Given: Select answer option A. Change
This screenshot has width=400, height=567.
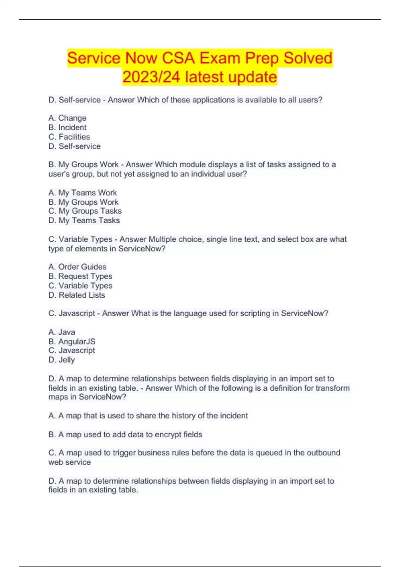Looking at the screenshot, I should pos(67,118).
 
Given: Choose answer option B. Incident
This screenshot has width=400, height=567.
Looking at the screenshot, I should pos(67,127).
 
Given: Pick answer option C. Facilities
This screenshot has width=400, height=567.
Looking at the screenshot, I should pos(69,137).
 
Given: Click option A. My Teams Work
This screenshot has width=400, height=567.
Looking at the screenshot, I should pos(82,193).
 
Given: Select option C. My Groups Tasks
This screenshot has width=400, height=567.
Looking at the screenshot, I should pos(85,211).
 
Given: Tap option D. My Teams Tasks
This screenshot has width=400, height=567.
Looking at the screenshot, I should pos(84,220).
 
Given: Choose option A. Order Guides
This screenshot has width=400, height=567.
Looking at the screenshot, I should pos(77,267).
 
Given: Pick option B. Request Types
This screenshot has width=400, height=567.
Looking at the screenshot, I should pos(80,276).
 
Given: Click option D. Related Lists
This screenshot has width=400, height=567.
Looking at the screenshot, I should pos(77,295).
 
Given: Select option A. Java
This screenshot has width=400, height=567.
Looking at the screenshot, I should pos(62,332).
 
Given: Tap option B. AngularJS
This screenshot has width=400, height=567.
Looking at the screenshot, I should pos(72,342).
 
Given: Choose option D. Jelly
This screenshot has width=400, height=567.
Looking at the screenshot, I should pos(62,360).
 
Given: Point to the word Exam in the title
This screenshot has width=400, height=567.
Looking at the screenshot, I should pos(220,58).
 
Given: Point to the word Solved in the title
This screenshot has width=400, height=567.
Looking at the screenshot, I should pos(308,58).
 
